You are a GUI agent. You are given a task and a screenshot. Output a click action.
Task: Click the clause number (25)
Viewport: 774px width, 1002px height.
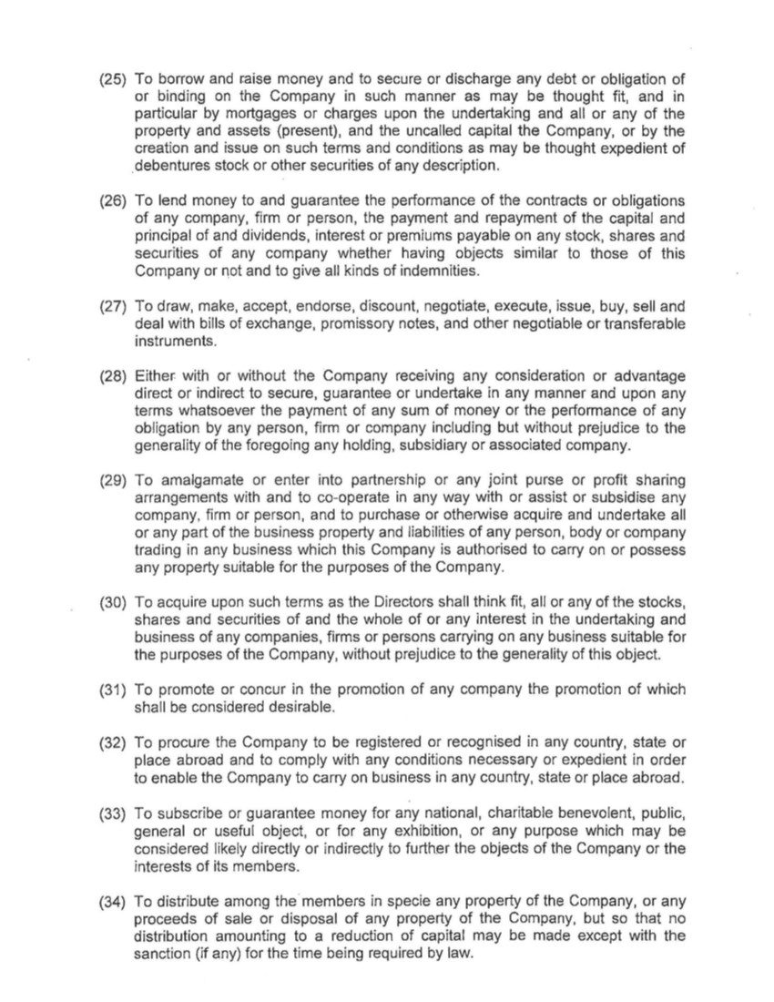tap(113, 79)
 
